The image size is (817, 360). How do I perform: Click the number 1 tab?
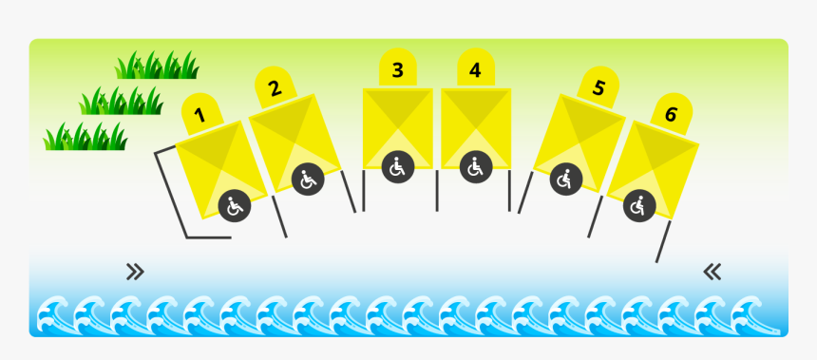pos(200,114)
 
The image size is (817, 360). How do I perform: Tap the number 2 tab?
pos(275,88)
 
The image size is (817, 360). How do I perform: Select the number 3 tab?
pos(397,69)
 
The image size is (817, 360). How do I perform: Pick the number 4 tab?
pos(475,69)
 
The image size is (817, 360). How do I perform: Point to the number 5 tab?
pos(598,88)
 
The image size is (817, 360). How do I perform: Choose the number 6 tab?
pos(671,115)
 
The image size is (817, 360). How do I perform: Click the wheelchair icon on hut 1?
pos(235,204)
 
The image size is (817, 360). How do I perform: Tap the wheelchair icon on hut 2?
pos(308,179)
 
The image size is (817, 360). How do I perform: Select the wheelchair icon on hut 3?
pos(398,168)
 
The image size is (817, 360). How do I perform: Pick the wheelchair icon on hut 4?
pos(475,168)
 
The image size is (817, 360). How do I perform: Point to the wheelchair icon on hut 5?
pos(566,178)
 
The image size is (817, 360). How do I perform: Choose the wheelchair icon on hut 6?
pos(639,204)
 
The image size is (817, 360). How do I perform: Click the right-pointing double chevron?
pos(135,273)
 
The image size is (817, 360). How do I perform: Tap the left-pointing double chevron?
pos(712,273)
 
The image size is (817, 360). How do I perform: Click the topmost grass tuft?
pos(157,66)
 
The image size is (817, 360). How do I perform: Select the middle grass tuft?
pos(121,101)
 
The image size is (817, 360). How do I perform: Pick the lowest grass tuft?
pos(85,137)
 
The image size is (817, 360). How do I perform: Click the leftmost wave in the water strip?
pos(53,313)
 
